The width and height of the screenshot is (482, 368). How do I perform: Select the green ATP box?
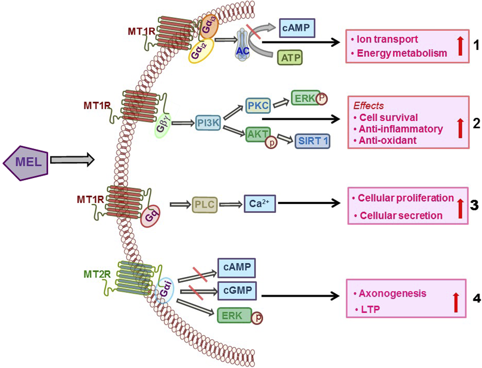(290, 57)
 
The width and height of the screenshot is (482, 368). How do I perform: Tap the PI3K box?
(208, 123)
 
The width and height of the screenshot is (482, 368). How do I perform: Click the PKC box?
(258, 105)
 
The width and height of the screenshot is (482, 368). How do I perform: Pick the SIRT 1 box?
(312, 141)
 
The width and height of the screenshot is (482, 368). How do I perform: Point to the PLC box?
(205, 205)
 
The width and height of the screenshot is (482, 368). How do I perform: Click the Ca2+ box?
(259, 203)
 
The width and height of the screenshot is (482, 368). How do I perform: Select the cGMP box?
(237, 290)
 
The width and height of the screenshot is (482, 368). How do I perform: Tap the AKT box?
(257, 134)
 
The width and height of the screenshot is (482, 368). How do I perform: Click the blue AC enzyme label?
(242, 51)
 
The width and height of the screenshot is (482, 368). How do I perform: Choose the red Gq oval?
(150, 216)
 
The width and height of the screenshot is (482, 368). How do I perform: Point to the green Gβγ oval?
(163, 126)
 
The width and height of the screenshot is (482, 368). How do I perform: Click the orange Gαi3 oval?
(209, 26)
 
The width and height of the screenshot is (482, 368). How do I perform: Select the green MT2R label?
(97, 274)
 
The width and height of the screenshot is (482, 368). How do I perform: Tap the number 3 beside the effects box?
(474, 205)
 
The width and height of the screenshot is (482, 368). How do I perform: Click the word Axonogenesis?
(392, 293)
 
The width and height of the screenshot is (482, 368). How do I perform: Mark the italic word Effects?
(368, 106)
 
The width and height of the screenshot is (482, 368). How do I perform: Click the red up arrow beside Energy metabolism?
(460, 46)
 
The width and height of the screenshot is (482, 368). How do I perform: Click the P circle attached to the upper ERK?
(322, 99)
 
